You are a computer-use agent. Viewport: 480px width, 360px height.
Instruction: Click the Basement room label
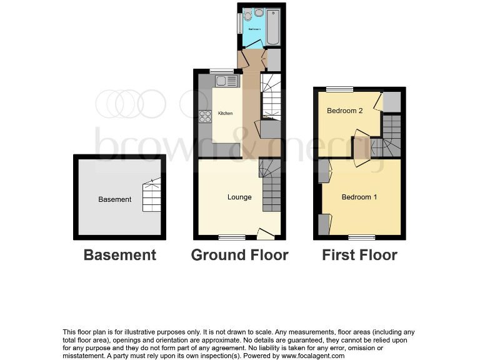[x=115, y=199]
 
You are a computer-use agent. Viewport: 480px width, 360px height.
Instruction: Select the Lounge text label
[x=239, y=197]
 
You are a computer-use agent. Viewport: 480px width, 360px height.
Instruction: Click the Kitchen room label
[x=225, y=113]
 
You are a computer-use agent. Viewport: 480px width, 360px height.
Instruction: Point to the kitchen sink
[x=223, y=81]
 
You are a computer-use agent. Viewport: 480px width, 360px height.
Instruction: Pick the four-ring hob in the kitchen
[x=205, y=116]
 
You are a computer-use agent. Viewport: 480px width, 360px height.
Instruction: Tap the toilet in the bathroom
[x=248, y=15]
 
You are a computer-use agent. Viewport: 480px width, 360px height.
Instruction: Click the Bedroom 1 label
[x=359, y=197]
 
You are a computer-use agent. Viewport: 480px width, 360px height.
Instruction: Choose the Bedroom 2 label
[x=345, y=111]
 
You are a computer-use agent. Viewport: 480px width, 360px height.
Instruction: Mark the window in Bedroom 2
[x=339, y=89]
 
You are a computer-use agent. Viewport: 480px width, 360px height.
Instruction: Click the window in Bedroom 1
[x=362, y=237]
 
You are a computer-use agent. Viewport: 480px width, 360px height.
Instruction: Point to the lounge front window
[x=232, y=237]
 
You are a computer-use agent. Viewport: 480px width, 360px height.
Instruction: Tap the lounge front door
[x=266, y=234]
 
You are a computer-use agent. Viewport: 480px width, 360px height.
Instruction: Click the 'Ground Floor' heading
[x=239, y=255]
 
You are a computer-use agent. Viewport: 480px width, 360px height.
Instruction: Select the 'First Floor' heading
[x=359, y=255]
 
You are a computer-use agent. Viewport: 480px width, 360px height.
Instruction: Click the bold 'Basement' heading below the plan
[x=120, y=255]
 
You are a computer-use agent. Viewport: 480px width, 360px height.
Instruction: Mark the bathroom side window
[x=239, y=24]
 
